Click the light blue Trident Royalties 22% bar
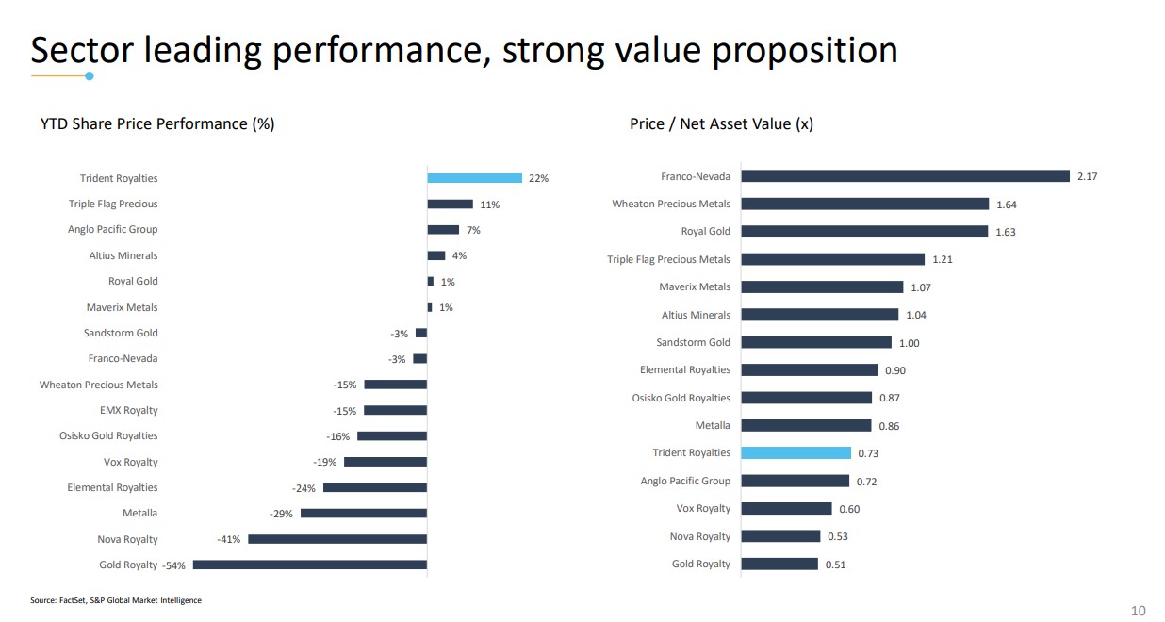[474, 178]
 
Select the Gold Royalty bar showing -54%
[309, 565]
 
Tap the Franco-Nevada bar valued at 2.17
[905, 176]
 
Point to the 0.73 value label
[868, 453]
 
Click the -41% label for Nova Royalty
[229, 539]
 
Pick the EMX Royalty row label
[129, 410]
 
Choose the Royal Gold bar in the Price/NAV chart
[864, 232]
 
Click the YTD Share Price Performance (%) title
[157, 123]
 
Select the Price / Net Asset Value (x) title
[721, 123]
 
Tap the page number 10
[1138, 611]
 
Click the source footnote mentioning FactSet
[116, 600]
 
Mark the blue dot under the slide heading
[90, 75]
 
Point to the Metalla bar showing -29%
[363, 514]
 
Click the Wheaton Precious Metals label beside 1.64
[671, 204]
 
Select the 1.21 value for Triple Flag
[942, 259]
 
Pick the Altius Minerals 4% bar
[435, 255]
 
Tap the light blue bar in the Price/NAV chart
[796, 453]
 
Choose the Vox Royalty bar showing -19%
[385, 462]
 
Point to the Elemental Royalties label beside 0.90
[685, 369]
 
